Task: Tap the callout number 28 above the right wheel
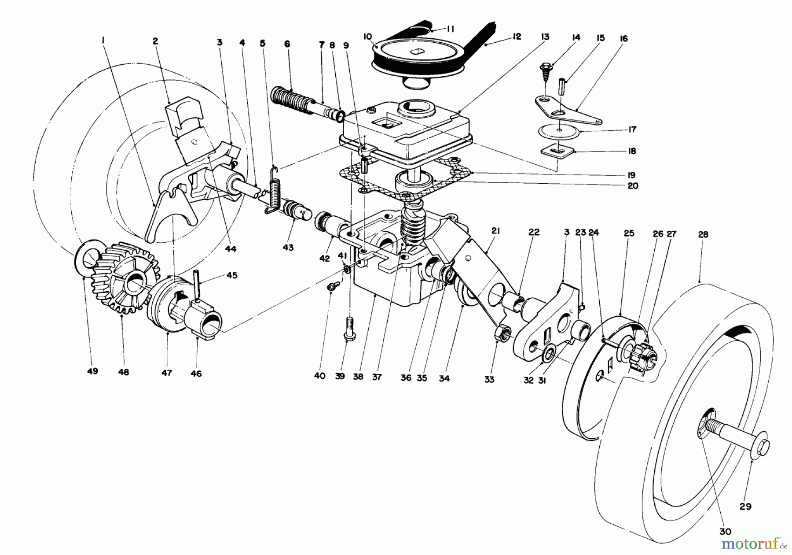pyautogui.click(x=703, y=235)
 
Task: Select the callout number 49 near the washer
pyautogui.click(x=92, y=371)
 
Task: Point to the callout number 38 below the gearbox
pyautogui.click(x=358, y=377)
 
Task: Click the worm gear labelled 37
pyautogui.click(x=411, y=225)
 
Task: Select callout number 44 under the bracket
pyautogui.click(x=231, y=249)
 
